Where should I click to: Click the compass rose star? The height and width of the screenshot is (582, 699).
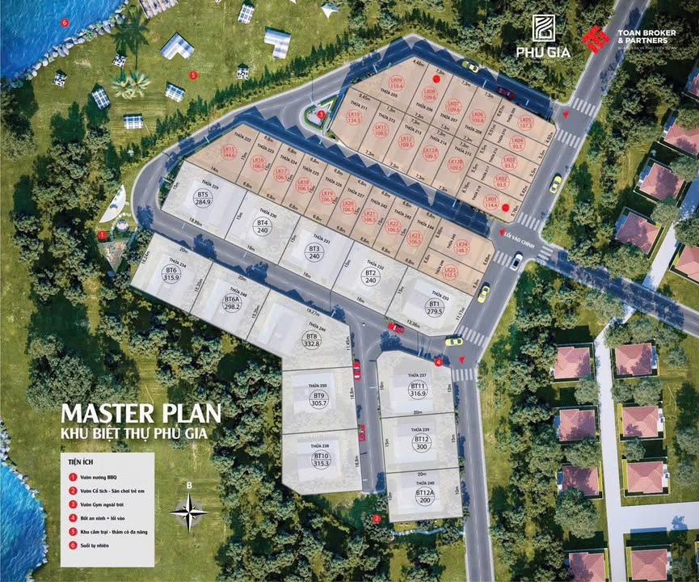[x=190, y=510]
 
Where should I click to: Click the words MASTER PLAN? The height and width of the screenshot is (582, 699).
[x=141, y=412]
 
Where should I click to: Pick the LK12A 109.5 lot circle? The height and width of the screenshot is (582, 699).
[x=431, y=153]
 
